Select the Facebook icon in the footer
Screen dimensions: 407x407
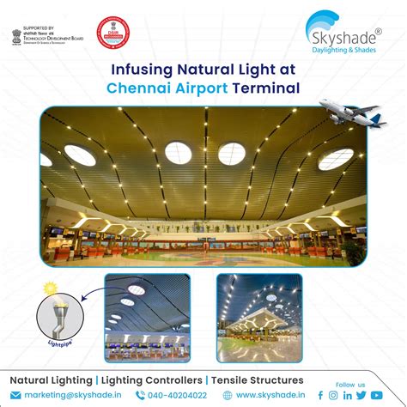pyautogui.click(x=321, y=395)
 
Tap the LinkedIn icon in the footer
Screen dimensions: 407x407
pyautogui.click(x=348, y=395)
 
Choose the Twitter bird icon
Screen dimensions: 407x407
pyautogui.click(x=361, y=395)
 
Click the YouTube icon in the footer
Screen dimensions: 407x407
pyautogui.click(x=376, y=395)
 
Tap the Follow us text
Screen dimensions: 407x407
pyautogui.click(x=350, y=384)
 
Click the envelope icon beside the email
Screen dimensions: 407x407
pyautogui.click(x=16, y=395)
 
